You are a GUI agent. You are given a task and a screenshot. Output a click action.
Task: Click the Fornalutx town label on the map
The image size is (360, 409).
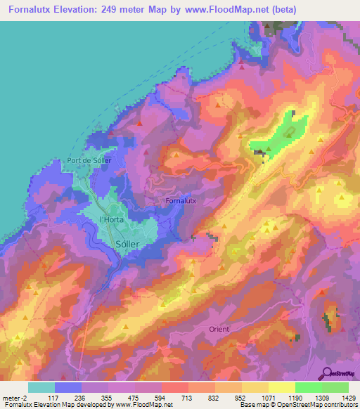[181, 201]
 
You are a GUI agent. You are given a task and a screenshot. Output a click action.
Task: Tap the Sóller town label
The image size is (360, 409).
[127, 243]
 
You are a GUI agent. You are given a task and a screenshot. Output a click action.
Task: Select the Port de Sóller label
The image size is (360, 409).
[89, 160]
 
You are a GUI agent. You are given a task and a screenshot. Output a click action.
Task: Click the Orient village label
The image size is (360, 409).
[219, 329]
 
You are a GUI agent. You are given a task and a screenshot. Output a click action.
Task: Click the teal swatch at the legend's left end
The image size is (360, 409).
[41, 387]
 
